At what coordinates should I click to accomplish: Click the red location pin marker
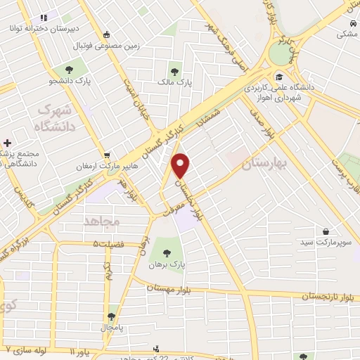(x=181, y=166)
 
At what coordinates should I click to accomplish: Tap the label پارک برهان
(x=166, y=265)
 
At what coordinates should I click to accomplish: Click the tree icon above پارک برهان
(x=167, y=252)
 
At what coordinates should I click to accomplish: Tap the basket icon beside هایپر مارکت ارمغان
(x=106, y=155)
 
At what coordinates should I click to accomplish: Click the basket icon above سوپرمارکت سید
(x=326, y=231)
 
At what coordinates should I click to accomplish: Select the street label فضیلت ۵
(x=105, y=245)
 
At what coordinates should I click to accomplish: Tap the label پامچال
(x=111, y=328)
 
